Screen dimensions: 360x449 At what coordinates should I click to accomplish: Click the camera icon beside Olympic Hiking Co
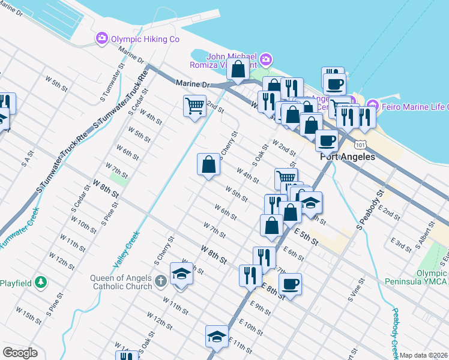click(x=101, y=38)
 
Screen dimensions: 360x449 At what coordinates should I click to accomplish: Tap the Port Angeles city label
click(x=348, y=157)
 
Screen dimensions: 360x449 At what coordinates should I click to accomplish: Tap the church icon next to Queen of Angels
click(x=160, y=281)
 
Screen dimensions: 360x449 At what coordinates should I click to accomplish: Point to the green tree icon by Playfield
click(x=40, y=281)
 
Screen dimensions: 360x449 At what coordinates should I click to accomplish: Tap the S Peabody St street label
click(x=370, y=211)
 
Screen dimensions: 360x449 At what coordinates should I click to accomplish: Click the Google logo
click(x=20, y=353)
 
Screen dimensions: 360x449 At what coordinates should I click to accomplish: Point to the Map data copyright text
click(x=423, y=355)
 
